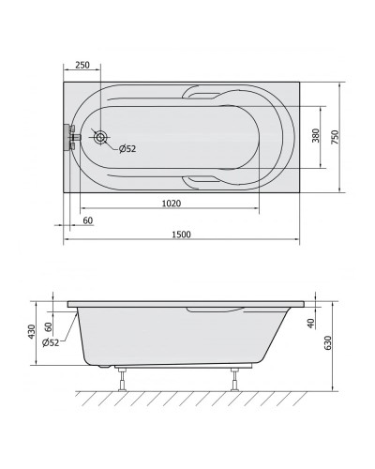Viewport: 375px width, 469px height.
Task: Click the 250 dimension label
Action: (x=82, y=65)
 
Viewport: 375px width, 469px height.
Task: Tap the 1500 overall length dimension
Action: (x=181, y=234)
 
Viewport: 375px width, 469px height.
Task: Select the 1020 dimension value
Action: (x=172, y=204)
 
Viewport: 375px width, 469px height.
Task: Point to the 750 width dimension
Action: (x=335, y=137)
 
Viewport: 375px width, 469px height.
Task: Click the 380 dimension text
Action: (x=316, y=135)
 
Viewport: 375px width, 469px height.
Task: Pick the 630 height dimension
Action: (x=328, y=343)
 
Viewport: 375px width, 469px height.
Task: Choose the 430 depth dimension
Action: (x=32, y=331)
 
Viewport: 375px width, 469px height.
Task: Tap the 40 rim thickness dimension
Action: (x=310, y=324)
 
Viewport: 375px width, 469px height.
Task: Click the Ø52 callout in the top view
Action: (x=127, y=149)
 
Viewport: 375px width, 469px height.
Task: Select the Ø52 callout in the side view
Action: (x=51, y=342)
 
